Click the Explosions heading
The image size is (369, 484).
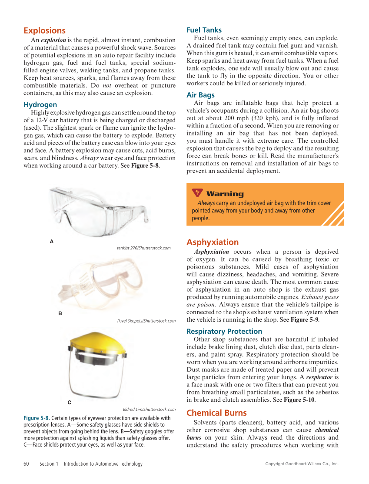tap(44, 30)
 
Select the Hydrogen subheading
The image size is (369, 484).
tap(40, 105)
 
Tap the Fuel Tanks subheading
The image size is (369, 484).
tap(204, 30)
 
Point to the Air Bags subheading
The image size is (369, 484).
tap(200, 95)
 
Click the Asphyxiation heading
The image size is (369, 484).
tap(213, 242)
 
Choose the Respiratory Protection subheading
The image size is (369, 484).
tap(224, 331)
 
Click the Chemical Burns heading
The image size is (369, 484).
tap(216, 413)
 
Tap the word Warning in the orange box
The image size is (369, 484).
tap(225, 194)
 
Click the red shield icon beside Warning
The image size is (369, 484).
tap(197, 193)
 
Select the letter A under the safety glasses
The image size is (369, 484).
tap(52, 241)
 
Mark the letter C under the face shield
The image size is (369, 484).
tap(69, 403)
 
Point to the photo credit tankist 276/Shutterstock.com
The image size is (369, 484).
tap(143, 248)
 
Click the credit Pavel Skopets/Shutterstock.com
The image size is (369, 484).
tap(146, 321)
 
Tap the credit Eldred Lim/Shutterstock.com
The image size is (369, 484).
tap(149, 410)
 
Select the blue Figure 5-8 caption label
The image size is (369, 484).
tap(37, 418)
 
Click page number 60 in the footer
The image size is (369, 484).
tap(26, 464)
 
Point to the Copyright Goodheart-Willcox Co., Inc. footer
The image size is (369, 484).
tap(302, 464)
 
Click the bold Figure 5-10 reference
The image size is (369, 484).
tap(299, 400)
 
